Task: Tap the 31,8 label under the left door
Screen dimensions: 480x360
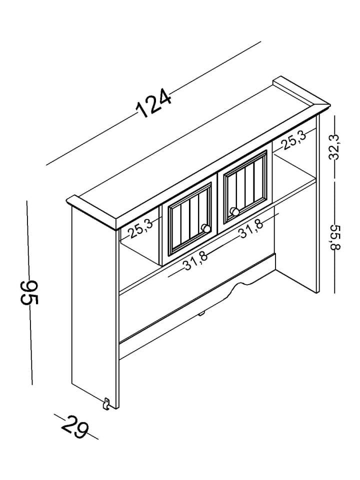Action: [x=195, y=260]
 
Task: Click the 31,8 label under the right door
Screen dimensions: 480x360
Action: [x=251, y=229]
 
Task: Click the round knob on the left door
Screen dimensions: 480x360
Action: [x=205, y=228]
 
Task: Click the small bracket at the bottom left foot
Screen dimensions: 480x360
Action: [x=107, y=403]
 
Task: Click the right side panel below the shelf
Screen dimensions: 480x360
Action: [x=299, y=250]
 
